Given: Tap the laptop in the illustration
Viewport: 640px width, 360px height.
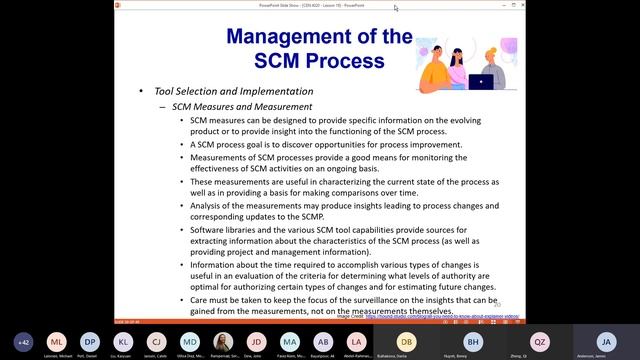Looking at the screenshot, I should pos(480,82).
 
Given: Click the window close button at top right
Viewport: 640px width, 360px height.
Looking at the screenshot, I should pos(628,7).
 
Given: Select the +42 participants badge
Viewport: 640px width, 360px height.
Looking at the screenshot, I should pos(23,341).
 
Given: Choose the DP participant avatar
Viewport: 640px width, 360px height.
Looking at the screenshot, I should pos(90,341).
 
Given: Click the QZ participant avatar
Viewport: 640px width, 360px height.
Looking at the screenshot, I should pos(540,341).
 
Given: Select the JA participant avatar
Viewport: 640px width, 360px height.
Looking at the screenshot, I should pos(604,341).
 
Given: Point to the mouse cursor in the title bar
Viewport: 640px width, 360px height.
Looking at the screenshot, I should pos(396,8).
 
